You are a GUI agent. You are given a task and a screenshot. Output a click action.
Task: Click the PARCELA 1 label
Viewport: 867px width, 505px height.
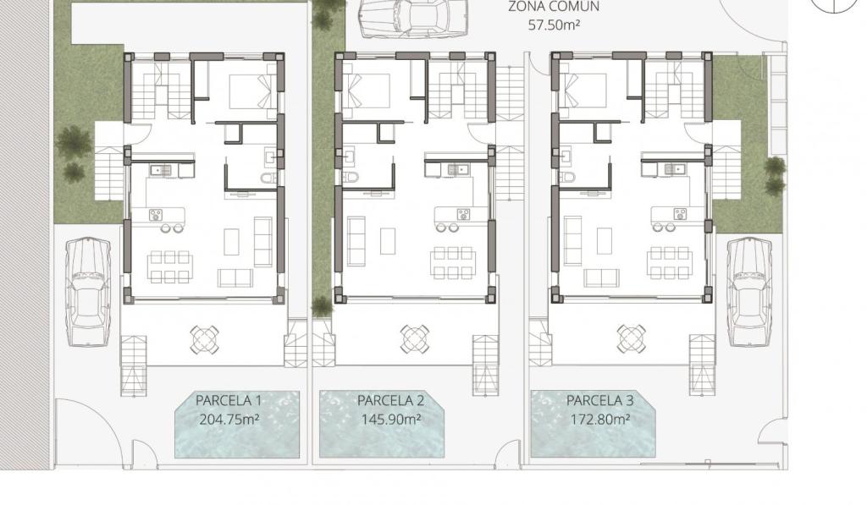229,400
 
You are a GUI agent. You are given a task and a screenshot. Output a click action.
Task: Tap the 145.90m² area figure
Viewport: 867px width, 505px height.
391,420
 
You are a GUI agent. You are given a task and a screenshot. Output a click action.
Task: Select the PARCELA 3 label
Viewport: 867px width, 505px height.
600,400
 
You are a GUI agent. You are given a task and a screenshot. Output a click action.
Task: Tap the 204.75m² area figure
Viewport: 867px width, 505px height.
229,420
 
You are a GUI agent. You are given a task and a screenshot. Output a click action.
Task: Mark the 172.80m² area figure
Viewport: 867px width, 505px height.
600,420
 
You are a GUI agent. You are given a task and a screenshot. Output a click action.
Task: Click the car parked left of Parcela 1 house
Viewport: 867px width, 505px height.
88,292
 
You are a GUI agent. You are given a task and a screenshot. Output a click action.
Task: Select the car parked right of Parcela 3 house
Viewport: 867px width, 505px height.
748,292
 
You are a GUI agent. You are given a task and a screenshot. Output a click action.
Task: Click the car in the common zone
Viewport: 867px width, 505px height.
412,19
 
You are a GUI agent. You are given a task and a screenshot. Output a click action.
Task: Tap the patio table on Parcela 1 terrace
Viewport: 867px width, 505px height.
204,339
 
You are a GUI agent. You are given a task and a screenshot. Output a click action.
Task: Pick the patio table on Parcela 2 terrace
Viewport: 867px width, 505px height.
414,339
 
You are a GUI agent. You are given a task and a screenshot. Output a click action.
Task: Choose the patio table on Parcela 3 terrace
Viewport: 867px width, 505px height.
631,339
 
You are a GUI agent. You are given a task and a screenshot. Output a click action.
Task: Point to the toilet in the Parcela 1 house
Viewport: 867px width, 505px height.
269,178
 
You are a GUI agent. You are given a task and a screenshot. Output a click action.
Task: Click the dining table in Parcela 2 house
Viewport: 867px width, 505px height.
454,262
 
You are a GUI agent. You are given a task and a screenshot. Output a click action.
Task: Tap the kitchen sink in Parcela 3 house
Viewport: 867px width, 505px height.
673,168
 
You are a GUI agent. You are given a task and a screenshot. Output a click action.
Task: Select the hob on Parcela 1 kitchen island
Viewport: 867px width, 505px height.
156,214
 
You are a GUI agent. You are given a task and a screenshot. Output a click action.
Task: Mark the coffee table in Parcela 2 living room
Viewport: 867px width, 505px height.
388,242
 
